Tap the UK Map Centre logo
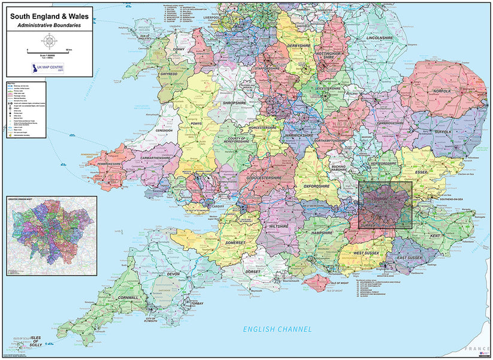click(50, 68)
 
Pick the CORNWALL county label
click(126, 297)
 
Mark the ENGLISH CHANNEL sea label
click(277, 329)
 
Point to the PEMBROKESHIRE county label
click(105, 162)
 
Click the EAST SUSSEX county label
click(410, 258)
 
